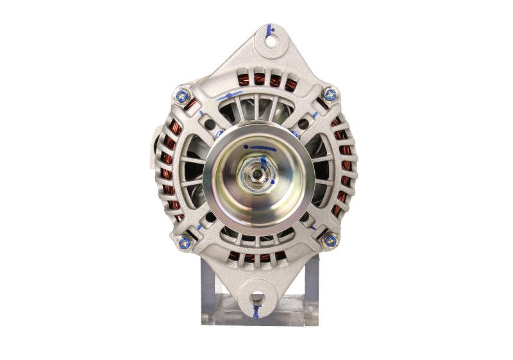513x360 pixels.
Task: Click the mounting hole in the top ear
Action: point(271,42)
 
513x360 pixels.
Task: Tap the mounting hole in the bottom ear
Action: point(257,298)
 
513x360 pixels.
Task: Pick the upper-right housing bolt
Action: point(330,95)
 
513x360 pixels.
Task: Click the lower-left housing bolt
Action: point(181,241)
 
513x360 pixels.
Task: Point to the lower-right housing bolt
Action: point(330,241)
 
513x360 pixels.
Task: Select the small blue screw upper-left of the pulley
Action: point(219,134)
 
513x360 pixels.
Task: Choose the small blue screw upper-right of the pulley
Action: point(294,134)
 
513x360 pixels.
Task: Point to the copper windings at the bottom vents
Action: point(256,259)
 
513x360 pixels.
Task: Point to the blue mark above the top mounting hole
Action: point(271,29)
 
